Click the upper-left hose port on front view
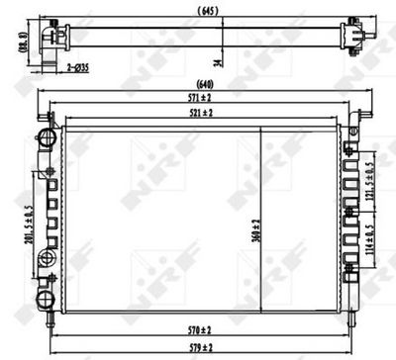point(45,135)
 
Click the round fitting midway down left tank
point(45,259)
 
